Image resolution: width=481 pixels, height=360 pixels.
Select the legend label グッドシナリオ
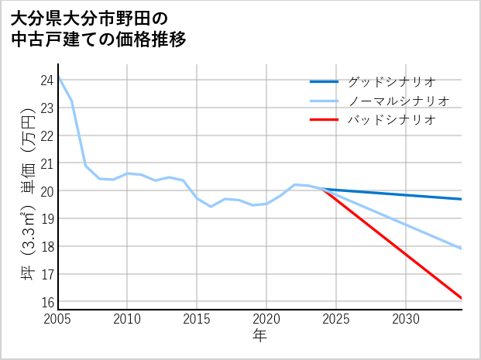(391, 81)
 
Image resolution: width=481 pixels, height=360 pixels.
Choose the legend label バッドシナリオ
(391, 120)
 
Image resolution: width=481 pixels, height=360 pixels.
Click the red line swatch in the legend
(324, 120)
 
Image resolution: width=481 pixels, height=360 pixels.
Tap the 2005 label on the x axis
(58, 319)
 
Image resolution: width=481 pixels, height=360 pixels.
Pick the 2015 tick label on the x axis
(197, 319)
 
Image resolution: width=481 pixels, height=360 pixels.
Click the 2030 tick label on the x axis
(406, 319)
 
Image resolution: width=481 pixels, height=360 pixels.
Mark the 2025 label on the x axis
(336, 319)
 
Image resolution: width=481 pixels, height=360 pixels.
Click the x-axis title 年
(259, 335)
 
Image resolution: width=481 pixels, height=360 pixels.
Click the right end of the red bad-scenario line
(462, 298)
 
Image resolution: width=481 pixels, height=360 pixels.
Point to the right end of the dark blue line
(462, 199)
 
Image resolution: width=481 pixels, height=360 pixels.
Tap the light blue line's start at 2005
(58, 77)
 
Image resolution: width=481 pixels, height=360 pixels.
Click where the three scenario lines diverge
(322, 189)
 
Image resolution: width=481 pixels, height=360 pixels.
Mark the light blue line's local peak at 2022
(294, 184)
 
